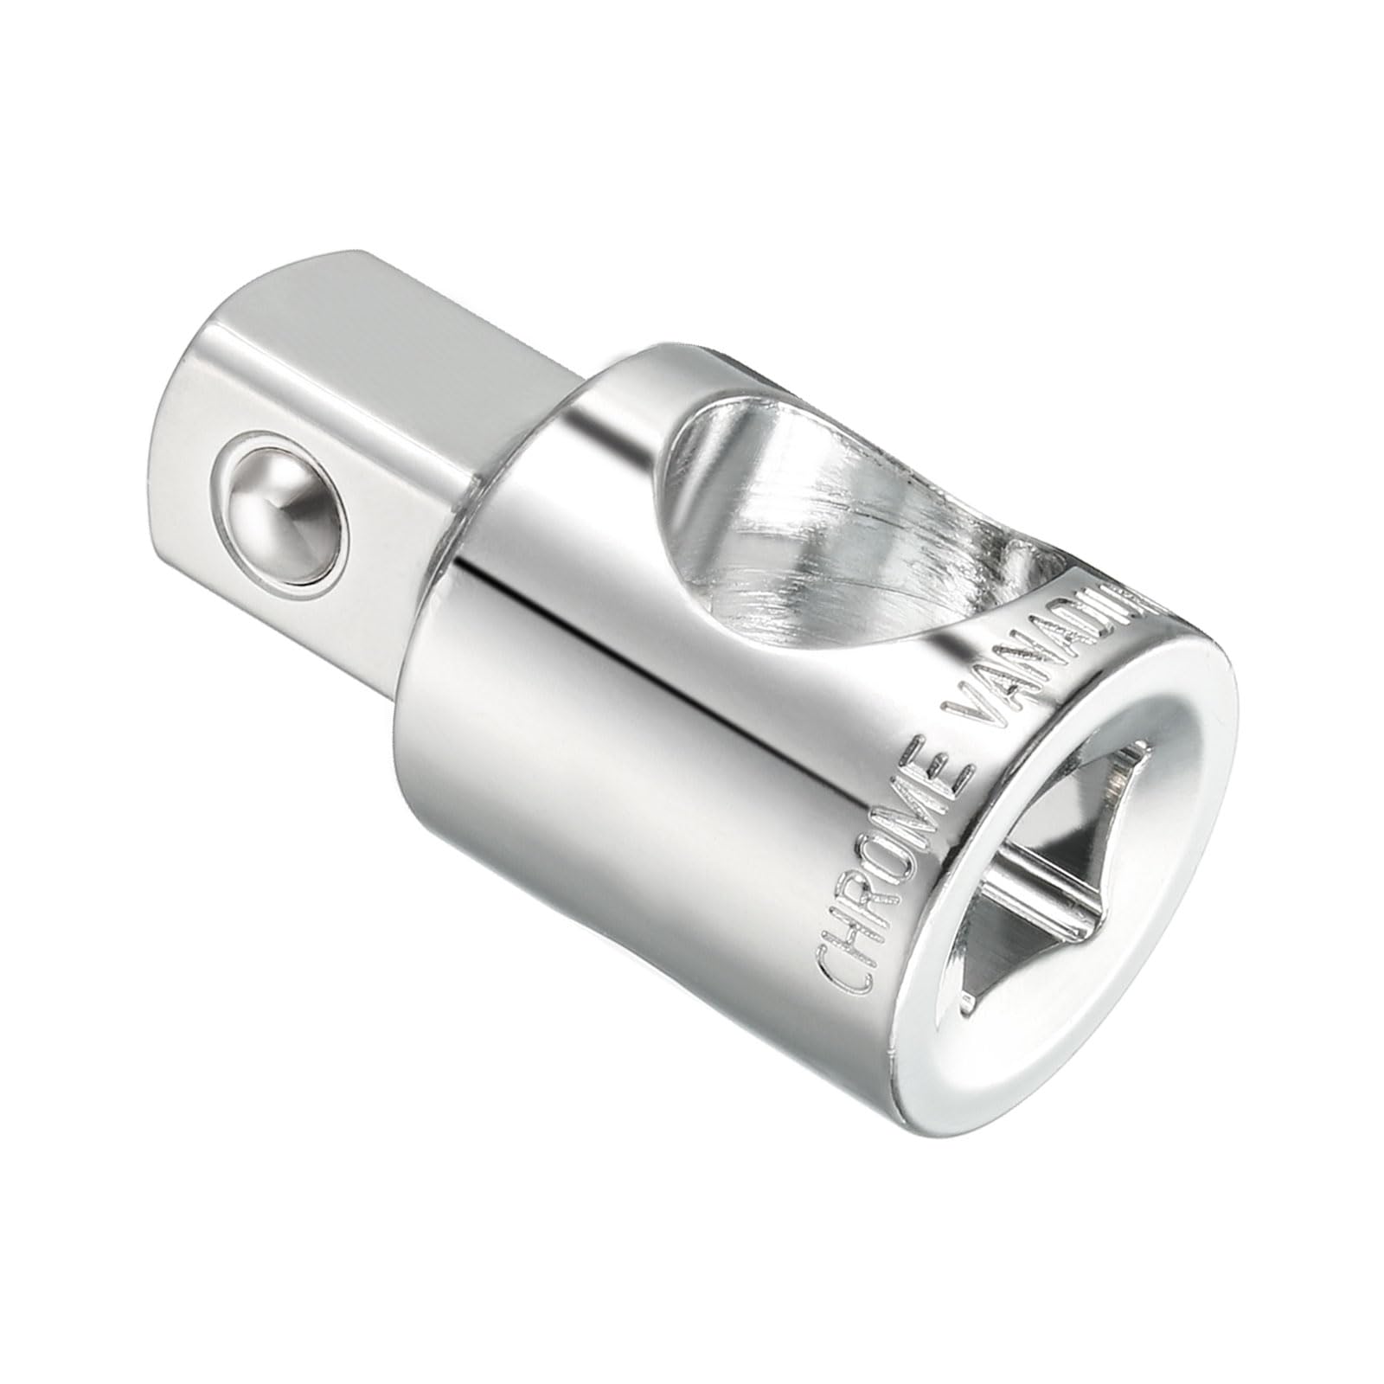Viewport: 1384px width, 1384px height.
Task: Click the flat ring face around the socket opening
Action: point(1211,908)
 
